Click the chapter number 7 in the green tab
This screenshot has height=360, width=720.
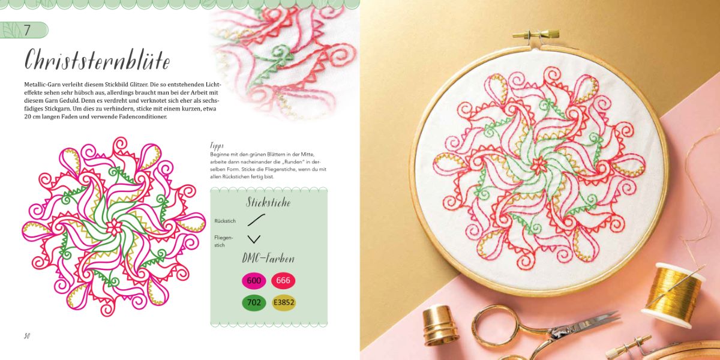[28, 30]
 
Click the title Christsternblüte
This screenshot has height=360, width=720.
[97, 60]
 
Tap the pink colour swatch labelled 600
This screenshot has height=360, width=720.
[254, 281]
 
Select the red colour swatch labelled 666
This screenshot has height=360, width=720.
[283, 280]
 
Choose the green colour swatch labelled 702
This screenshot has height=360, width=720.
[254, 302]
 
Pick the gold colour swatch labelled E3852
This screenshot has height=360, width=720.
[284, 302]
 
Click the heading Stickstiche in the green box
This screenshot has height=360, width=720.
[268, 203]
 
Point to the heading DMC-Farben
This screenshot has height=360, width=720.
[268, 259]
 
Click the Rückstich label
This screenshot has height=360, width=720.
[225, 221]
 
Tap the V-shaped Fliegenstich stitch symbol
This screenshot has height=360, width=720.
[254, 239]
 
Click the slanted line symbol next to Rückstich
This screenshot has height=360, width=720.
[256, 220]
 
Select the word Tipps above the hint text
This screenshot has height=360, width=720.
[217, 146]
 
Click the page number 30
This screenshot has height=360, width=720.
[26, 336]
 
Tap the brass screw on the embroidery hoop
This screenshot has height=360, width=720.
[536, 34]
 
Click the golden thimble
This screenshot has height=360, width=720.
[440, 325]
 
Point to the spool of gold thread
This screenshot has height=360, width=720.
[673, 295]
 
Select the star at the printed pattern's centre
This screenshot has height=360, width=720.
[114, 227]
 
